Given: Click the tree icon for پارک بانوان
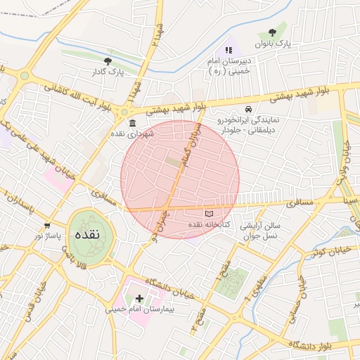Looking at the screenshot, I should click(272, 32).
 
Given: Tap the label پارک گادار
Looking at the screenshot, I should click(107, 72).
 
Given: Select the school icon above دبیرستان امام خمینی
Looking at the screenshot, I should click(229, 50).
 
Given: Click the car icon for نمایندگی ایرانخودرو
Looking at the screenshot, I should click(248, 110).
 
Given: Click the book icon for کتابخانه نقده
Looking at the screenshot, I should click(208, 213).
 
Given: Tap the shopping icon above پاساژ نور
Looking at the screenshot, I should click(47, 226).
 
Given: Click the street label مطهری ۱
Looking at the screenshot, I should click(250, 287).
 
